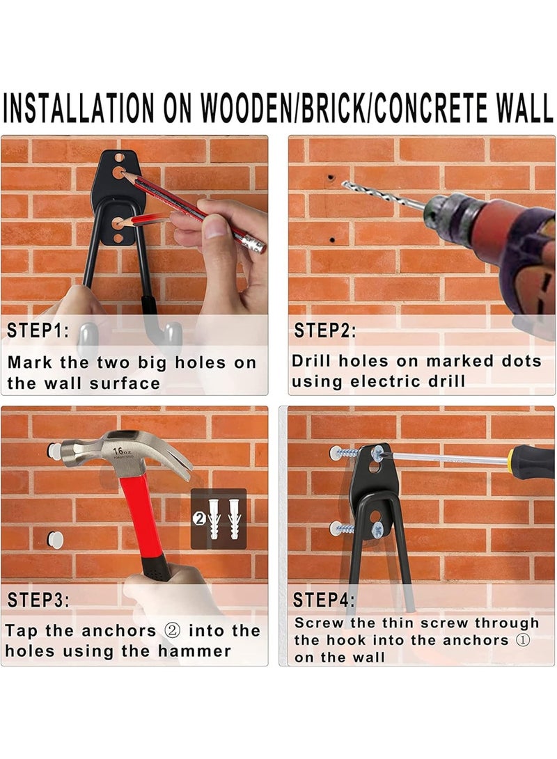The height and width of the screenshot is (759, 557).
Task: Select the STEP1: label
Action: coord(38,330)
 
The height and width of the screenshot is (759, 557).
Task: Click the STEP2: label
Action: coord(325,330)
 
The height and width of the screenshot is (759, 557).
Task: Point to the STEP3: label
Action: coord(38,600)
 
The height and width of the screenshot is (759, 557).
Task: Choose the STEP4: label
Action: coord(324,600)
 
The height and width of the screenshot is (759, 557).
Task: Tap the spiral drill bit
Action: coord(383,195)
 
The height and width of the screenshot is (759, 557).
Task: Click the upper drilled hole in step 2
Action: coord(331,177)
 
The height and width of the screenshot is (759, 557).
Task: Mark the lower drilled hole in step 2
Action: coord(332,239)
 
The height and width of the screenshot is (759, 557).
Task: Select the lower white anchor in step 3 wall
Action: coord(55,539)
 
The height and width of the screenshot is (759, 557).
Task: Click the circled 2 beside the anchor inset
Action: coord(199,519)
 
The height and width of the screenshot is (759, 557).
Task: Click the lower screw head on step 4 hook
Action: coord(378,530)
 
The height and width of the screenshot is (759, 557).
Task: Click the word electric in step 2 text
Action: coord(386,381)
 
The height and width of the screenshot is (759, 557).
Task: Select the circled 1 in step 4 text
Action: coord(522,640)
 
